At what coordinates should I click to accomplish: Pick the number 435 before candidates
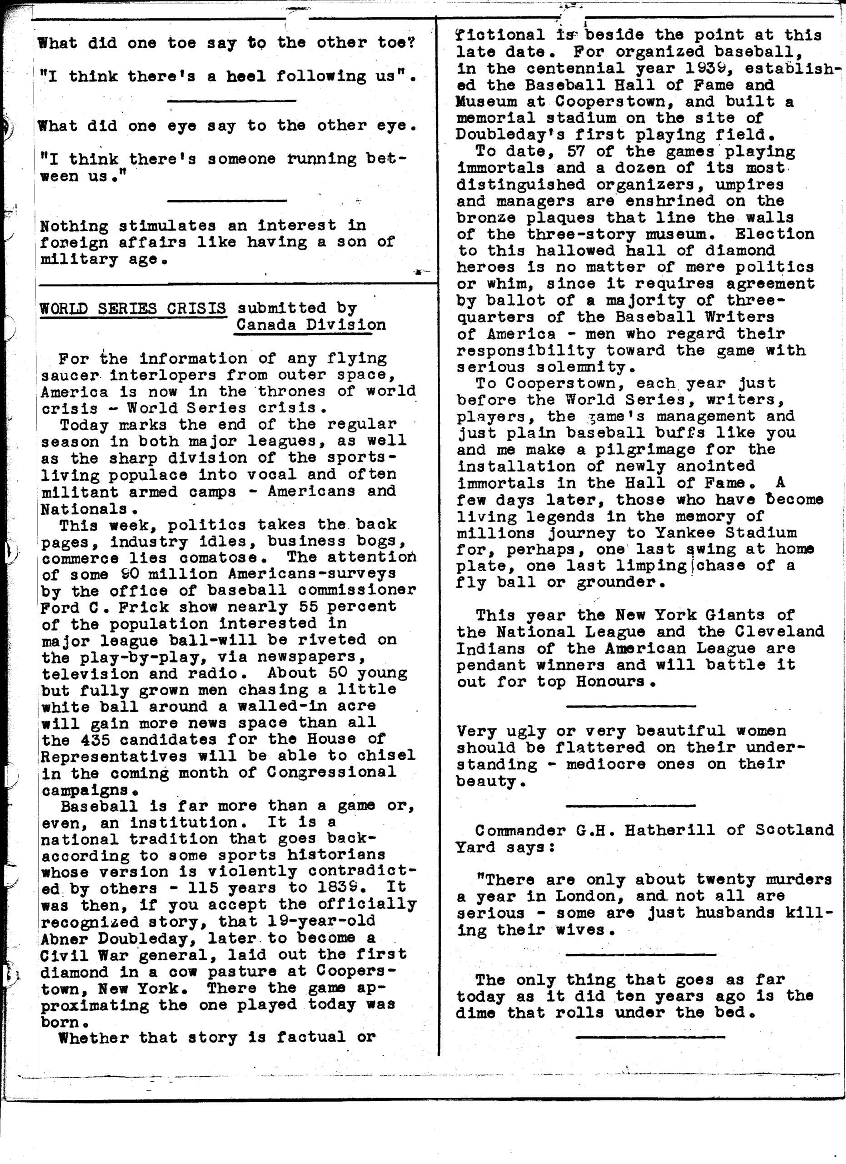pyautogui.click(x=100, y=740)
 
